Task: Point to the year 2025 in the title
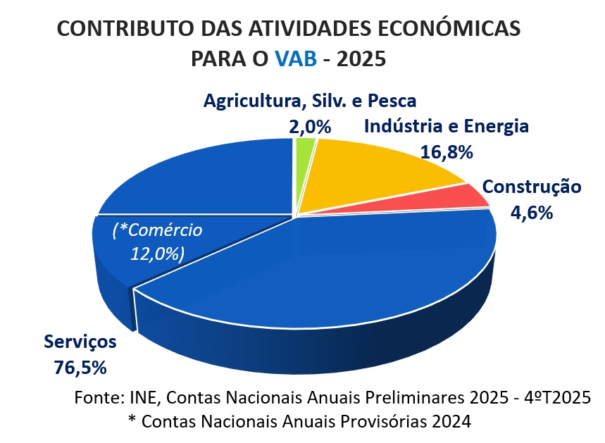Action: pos(362,58)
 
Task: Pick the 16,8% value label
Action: pos(446,151)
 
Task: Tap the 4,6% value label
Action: pos(532,212)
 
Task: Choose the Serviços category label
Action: pos(80,342)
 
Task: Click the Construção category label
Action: pos(532,187)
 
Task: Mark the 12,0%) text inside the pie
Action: pos(157,254)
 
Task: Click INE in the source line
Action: pos(145,397)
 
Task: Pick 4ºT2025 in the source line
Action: pos(555,397)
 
